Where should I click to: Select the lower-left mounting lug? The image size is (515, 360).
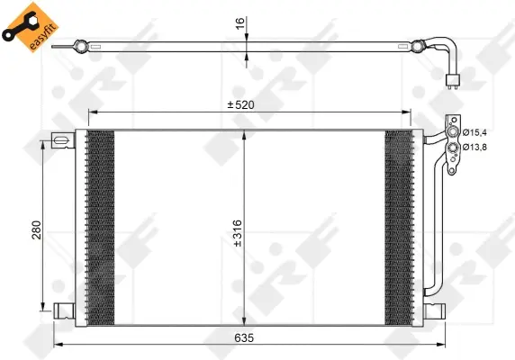tap(63, 310)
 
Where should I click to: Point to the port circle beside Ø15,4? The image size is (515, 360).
tap(453, 132)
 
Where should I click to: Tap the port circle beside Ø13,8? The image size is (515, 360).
tap(453, 146)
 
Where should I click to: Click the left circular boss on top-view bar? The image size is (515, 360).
tap(81, 45)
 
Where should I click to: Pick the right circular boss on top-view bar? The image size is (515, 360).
tap(417, 45)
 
